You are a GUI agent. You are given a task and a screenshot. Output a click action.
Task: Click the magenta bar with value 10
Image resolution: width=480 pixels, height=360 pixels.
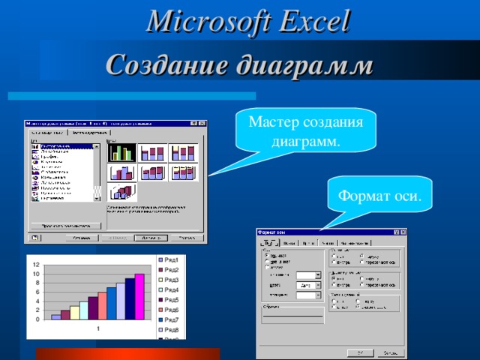[x=139, y=297]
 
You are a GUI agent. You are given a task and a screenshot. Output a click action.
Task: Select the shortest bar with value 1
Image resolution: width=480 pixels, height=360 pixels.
[x=55, y=317]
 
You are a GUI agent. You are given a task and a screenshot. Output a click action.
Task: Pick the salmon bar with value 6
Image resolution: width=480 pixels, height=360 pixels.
[x=102, y=306]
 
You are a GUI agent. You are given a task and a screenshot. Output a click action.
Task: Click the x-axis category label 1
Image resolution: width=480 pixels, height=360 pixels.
[x=97, y=328]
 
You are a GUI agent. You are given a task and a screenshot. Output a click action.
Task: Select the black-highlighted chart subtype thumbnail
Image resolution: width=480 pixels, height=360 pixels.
[x=121, y=153]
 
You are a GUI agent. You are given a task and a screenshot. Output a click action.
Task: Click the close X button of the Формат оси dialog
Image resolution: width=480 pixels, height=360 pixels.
[x=403, y=233]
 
